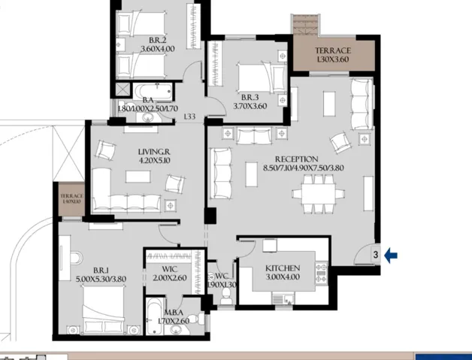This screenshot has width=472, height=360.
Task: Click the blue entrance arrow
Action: click(x=391, y=256)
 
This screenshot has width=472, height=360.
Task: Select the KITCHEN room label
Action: click(x=283, y=268)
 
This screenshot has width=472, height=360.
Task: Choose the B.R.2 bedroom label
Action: click(x=156, y=40)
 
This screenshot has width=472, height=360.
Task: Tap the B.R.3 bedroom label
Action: click(x=250, y=97)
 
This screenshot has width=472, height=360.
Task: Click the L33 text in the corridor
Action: click(x=189, y=116)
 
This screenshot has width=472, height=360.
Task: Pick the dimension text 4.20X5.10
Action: click(x=156, y=159)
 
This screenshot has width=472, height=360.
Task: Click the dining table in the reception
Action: click(x=313, y=193)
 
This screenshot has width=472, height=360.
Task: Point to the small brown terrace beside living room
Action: click(x=72, y=201)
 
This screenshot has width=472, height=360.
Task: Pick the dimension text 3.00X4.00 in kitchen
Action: click(x=283, y=277)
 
